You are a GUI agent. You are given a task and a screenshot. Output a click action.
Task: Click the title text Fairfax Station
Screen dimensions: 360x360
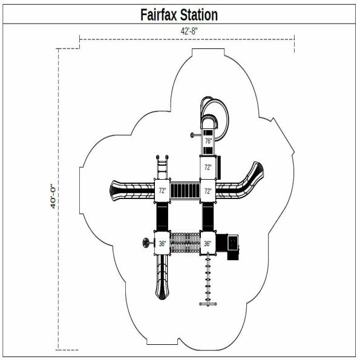point(179,14)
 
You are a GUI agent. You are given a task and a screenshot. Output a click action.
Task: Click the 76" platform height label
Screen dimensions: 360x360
point(208,141)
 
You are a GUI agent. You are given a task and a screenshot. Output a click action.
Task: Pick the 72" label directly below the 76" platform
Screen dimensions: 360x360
point(208,167)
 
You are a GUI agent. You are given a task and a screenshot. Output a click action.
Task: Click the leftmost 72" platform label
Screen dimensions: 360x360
point(162,191)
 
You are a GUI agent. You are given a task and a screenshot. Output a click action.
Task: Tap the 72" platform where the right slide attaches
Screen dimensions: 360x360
point(208,191)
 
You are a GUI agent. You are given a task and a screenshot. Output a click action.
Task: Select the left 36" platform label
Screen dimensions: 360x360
point(162,244)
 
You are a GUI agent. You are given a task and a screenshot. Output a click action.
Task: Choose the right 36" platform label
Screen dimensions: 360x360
point(208,244)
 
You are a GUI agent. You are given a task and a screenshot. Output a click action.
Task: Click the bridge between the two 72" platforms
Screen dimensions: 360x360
point(185,191)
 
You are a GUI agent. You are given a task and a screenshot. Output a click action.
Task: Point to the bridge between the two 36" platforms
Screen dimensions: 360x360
point(185,244)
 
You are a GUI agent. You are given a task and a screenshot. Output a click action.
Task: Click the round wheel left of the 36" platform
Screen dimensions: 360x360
point(145,244)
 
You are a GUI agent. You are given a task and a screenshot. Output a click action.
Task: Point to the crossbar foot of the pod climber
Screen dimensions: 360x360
point(208,302)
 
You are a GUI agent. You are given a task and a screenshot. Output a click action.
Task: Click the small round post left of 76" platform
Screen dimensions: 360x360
point(192,134)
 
